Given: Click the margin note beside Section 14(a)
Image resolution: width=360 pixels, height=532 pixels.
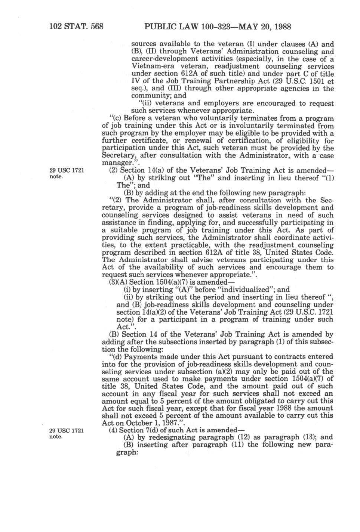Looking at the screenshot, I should (67, 173).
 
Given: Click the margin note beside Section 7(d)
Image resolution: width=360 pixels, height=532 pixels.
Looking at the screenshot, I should (67, 434).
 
